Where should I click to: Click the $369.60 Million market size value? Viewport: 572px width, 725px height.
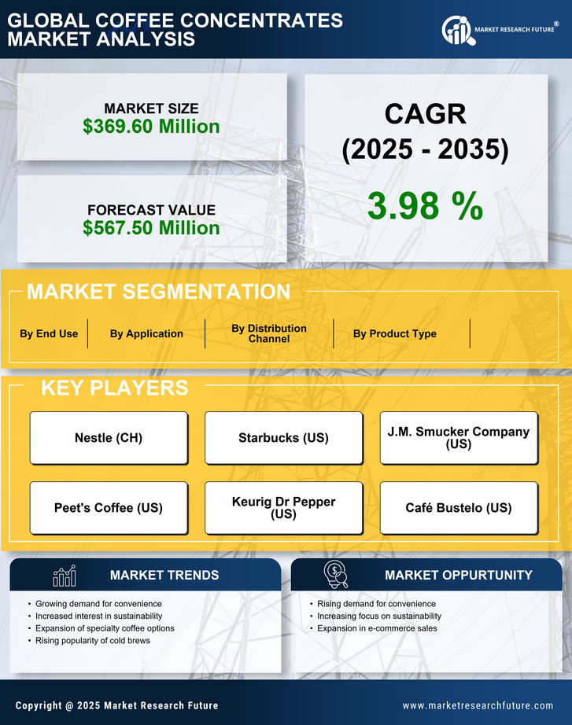[151, 126]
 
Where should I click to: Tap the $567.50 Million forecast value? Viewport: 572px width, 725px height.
[151, 227]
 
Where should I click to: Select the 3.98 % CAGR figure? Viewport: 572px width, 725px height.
[425, 206]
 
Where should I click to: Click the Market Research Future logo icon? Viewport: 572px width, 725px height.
[456, 31]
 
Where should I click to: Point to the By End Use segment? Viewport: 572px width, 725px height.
[49, 333]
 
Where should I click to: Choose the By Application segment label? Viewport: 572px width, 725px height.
[146, 333]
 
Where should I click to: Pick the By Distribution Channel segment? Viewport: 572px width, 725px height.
[269, 333]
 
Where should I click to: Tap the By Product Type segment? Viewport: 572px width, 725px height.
[394, 333]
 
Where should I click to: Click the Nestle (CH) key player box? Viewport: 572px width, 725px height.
[109, 437]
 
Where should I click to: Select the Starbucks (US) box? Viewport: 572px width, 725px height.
[283, 437]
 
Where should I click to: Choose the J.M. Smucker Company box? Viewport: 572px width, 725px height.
[459, 437]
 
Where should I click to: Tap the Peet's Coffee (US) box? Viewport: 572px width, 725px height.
[109, 507]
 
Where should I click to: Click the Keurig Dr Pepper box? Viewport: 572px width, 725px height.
[283, 507]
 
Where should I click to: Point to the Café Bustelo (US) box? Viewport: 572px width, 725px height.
[459, 507]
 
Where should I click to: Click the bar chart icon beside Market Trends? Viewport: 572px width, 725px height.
[64, 576]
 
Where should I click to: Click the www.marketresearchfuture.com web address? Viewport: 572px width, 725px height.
[478, 705]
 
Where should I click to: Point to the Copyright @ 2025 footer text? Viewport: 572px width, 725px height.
[116, 705]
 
